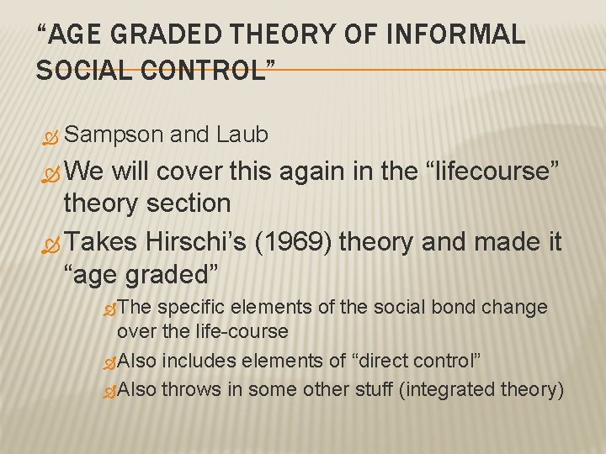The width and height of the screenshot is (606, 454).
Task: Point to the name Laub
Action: click(242, 135)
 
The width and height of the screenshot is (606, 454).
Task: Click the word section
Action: click(191, 203)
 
